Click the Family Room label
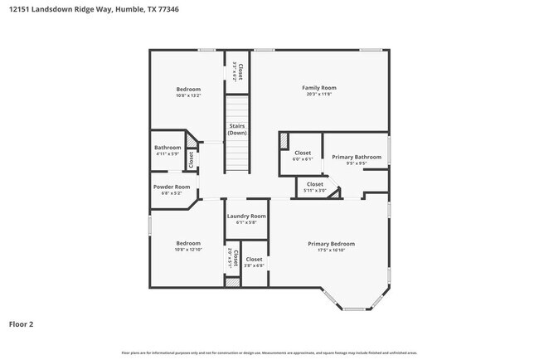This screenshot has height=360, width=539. click(x=318, y=87)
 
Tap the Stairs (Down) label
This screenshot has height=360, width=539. click(x=237, y=129)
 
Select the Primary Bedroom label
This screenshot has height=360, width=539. click(x=331, y=244)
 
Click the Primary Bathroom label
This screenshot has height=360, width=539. click(x=357, y=157)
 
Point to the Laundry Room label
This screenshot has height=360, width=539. click(x=246, y=216)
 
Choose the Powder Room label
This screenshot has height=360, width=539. click(x=172, y=187)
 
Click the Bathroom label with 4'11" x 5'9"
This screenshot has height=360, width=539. click(x=168, y=148)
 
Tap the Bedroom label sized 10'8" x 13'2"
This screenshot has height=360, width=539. click(x=188, y=89)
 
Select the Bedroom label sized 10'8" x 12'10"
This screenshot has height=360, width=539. click(x=188, y=243)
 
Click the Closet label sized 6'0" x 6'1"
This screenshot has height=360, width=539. click(x=303, y=153)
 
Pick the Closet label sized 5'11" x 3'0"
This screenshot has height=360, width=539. click(x=315, y=184)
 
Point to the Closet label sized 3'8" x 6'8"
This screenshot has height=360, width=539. click(x=254, y=260)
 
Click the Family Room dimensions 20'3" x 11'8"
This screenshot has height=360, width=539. click(x=318, y=95)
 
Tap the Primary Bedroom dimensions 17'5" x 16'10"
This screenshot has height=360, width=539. click(x=331, y=251)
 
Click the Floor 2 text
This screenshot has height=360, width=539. click(x=22, y=324)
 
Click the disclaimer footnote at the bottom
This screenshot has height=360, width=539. click(x=269, y=353)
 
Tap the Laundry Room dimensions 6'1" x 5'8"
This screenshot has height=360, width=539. click(x=246, y=222)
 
